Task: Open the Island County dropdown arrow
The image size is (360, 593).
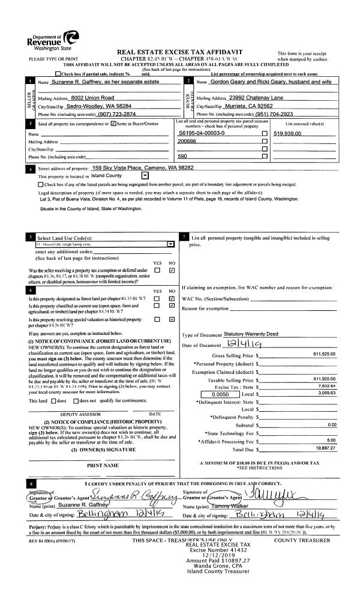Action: (145, 176)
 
